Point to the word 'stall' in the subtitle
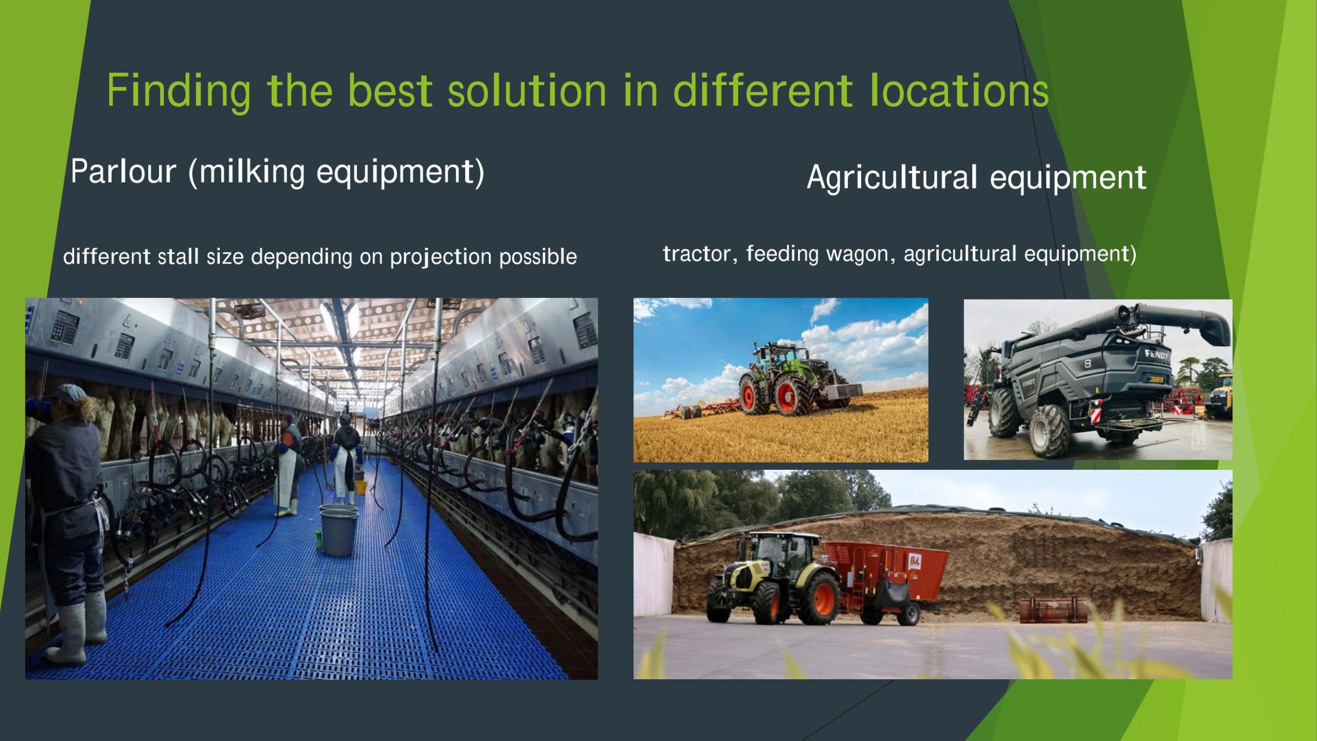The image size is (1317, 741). point(178,256)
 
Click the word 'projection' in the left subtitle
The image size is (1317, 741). point(440,257)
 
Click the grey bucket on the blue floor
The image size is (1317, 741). point(337,531)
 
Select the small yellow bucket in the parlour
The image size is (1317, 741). point(361,486)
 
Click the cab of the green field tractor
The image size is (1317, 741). point(777,356)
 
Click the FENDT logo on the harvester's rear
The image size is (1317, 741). point(1156,355)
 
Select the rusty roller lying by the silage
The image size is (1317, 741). point(1054,610)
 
